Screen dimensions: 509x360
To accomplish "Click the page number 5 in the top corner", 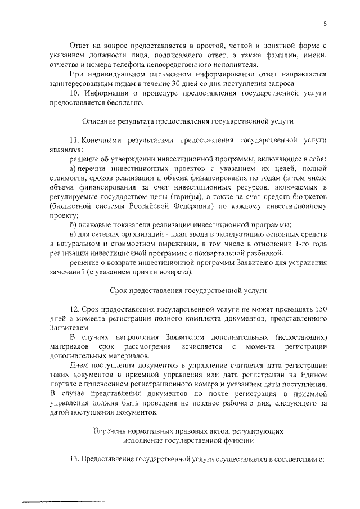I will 325,23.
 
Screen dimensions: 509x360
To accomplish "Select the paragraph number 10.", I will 74,93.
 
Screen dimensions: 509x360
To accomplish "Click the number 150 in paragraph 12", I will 319,310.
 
